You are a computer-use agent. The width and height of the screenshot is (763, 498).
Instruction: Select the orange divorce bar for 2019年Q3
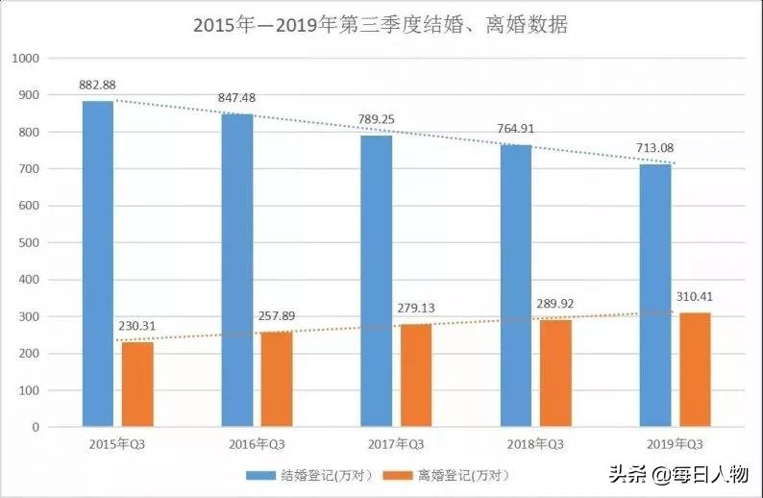point(696,369)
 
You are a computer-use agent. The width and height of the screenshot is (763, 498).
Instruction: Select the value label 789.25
point(376,121)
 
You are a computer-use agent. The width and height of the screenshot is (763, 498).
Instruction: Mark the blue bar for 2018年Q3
point(515,286)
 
